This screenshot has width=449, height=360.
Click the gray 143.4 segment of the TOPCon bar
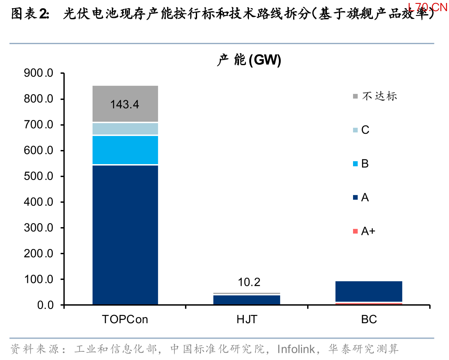click(x=125, y=104)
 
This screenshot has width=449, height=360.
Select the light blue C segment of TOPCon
click(x=125, y=129)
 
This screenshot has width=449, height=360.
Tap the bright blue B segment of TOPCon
click(x=125, y=150)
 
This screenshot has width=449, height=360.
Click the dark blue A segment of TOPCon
click(x=125, y=235)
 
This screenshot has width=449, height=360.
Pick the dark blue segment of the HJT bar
click(x=247, y=300)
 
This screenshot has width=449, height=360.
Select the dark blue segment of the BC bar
click(x=369, y=291)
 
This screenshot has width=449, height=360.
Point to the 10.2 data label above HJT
click(x=249, y=282)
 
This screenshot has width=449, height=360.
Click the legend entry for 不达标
click(x=375, y=96)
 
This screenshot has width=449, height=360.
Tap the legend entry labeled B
click(x=361, y=164)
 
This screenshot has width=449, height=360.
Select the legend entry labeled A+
click(x=364, y=231)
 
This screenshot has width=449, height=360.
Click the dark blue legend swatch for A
click(x=355, y=197)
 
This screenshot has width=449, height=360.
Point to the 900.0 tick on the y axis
click(x=39, y=73)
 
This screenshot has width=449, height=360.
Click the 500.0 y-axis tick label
click(x=39, y=176)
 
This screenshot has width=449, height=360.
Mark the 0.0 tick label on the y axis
click(x=45, y=305)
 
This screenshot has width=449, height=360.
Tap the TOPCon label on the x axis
click(x=125, y=319)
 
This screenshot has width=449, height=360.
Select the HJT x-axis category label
click(x=247, y=319)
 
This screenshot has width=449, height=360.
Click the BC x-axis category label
click(x=369, y=319)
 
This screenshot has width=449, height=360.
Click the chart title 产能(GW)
click(x=249, y=60)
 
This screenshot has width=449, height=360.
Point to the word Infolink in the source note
click(x=296, y=349)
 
